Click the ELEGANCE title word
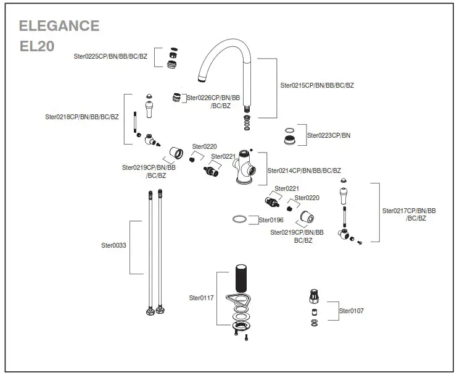click(59, 26)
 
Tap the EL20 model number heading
click(37, 46)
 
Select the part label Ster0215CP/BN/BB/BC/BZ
click(317, 86)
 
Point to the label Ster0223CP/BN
click(329, 135)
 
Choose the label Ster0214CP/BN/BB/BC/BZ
click(303, 171)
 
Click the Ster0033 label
click(113, 245)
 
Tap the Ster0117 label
click(201, 298)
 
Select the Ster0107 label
click(351, 311)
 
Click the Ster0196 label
click(270, 220)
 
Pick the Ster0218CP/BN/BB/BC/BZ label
click(81, 117)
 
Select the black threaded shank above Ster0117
click(241, 279)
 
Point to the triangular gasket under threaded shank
click(237, 300)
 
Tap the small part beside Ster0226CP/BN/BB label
click(178, 98)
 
